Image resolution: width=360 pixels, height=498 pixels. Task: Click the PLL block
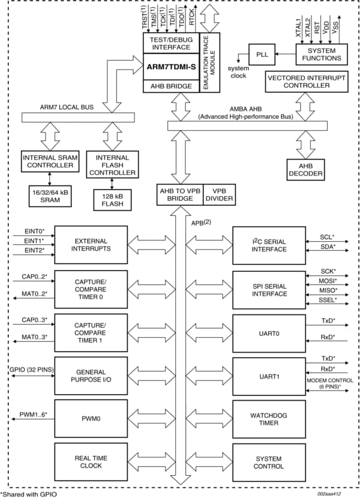(x=262, y=53)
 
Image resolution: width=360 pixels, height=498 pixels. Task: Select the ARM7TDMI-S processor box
(x=173, y=67)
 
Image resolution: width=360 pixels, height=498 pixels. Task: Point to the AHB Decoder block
(x=305, y=170)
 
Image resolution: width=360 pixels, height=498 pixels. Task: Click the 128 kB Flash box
(x=112, y=199)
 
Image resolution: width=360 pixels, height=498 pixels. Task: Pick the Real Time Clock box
(x=91, y=462)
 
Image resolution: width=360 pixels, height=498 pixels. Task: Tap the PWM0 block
(x=91, y=418)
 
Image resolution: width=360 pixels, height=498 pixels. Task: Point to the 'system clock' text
(x=238, y=72)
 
